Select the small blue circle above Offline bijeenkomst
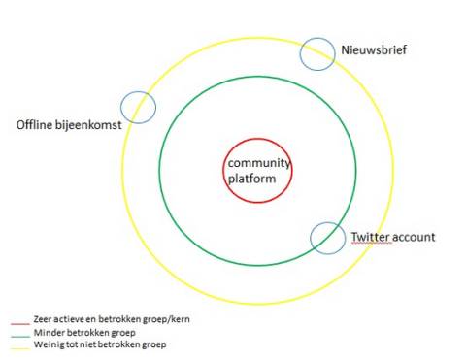click(x=138, y=107)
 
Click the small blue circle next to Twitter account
click(x=328, y=238)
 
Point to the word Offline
click(x=35, y=126)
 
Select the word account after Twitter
click(x=415, y=237)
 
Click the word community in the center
click(x=259, y=164)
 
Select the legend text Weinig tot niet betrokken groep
click(x=101, y=344)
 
